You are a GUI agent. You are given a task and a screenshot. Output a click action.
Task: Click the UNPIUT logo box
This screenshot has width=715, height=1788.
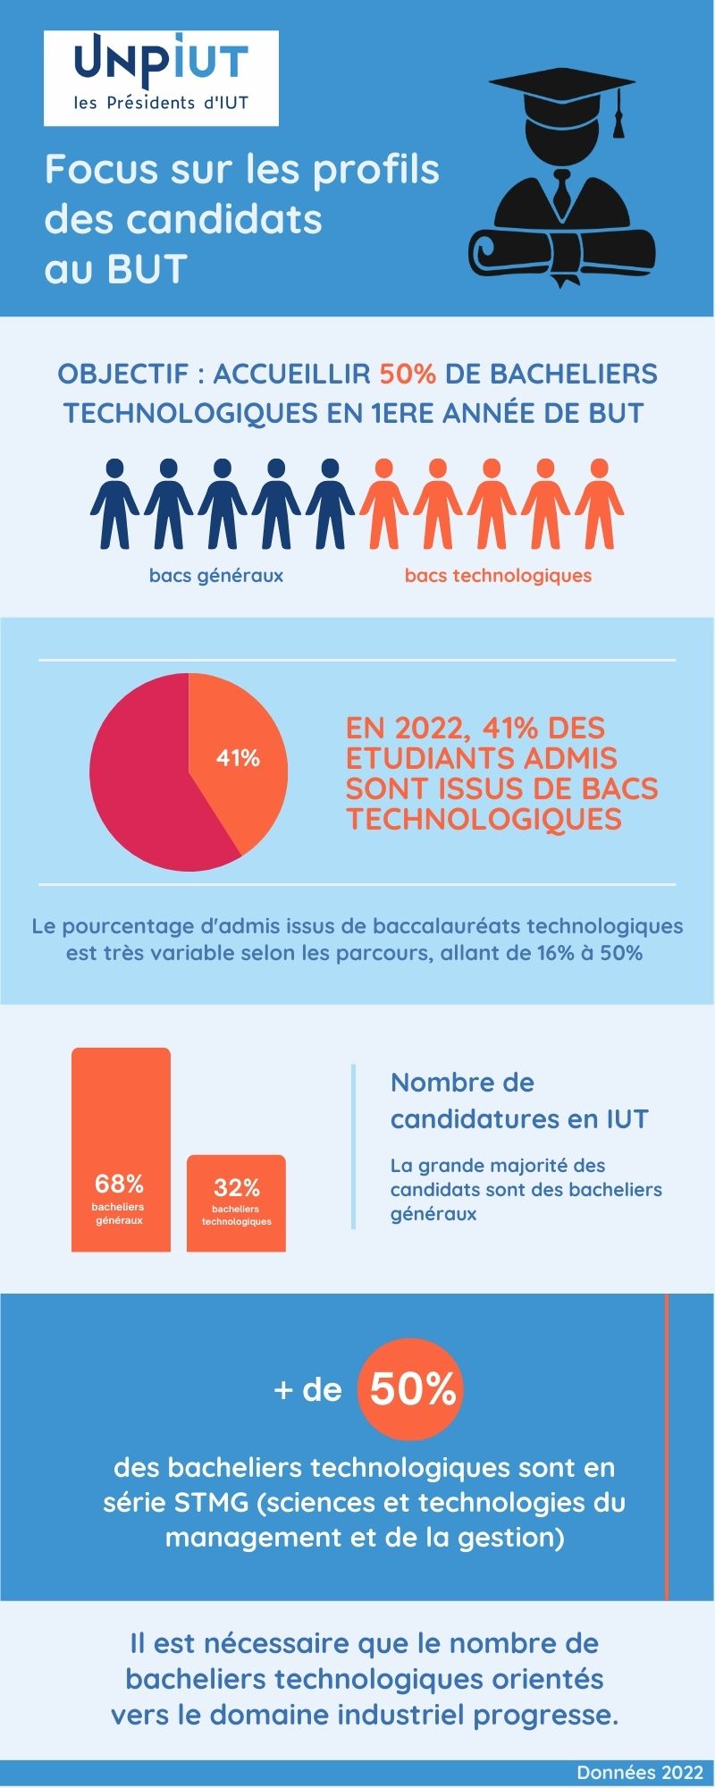point(161,78)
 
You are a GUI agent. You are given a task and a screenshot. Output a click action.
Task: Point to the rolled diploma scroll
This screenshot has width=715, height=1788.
point(560,253)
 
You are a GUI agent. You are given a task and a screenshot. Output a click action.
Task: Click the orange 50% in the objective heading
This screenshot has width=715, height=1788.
point(408,374)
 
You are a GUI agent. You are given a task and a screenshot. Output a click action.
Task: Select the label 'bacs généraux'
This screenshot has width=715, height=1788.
point(216,576)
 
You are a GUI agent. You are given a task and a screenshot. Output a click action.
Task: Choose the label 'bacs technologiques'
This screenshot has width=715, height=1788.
point(498,576)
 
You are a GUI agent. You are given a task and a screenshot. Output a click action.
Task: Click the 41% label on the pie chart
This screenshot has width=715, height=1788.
point(238,758)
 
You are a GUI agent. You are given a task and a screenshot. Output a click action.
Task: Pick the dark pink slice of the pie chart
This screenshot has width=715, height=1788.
point(143,787)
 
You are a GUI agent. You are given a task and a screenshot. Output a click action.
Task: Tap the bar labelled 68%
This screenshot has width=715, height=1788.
point(121,1149)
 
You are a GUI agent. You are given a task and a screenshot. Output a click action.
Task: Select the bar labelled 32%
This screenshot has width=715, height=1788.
point(236,1202)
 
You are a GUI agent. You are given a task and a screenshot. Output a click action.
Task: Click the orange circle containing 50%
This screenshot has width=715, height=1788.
point(412,1390)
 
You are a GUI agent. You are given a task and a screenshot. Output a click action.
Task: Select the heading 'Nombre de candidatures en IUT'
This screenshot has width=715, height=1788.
point(519,1101)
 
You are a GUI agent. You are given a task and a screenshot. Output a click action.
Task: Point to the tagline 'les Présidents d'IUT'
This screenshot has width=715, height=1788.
point(161,103)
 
